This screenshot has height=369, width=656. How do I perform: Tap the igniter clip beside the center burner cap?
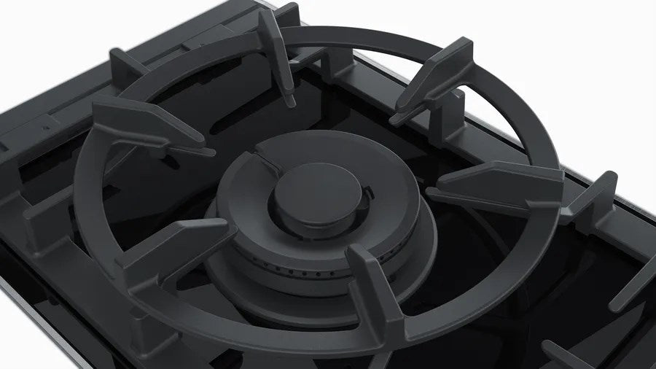tap(370, 194)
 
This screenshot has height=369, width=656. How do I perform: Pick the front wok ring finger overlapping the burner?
tap(375, 284)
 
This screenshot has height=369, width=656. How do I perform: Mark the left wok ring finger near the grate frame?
tap(146, 124)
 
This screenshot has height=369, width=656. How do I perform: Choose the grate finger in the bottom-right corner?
tap(627, 292)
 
